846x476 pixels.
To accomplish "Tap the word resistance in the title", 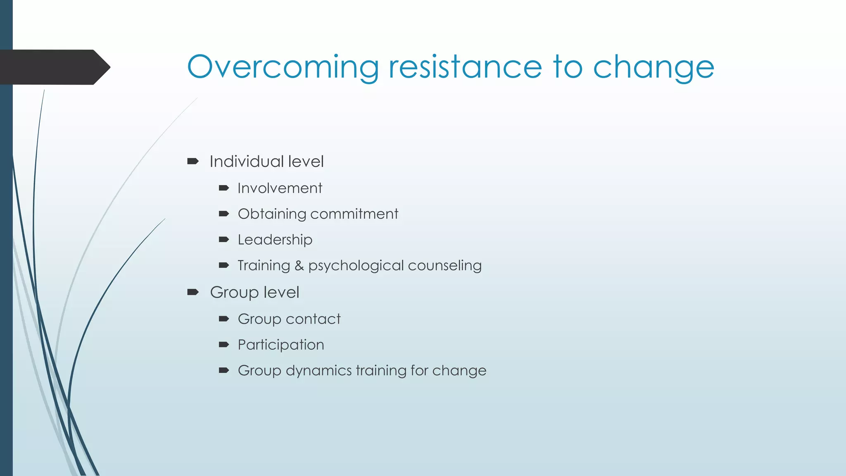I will click(x=465, y=67).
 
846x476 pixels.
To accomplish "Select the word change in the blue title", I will click(x=654, y=67).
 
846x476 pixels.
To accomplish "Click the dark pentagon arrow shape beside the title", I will click(x=54, y=67).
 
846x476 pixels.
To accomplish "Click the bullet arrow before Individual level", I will click(x=193, y=161).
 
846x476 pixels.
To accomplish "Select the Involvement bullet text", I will click(x=280, y=188).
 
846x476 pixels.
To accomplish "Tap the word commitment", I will click(x=354, y=214).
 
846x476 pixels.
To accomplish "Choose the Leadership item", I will click(x=275, y=240).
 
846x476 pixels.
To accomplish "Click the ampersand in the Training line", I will click(x=299, y=266).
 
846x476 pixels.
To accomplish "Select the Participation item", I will click(x=281, y=345).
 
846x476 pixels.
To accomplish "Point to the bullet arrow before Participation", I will click(x=224, y=345).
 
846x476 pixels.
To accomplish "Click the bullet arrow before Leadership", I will click(x=224, y=240).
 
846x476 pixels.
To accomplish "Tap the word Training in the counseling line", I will click(x=264, y=266).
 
